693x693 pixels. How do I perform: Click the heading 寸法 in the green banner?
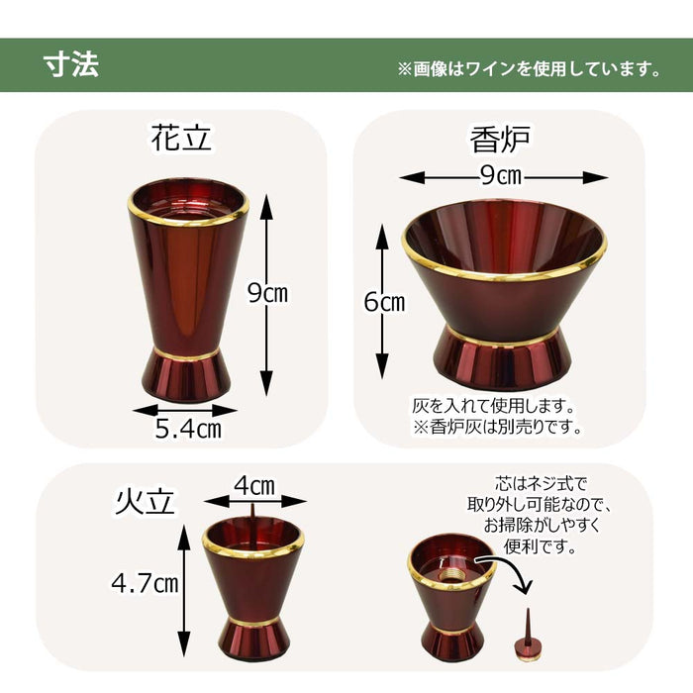tap(70, 64)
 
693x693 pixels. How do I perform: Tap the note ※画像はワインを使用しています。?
tap(529, 69)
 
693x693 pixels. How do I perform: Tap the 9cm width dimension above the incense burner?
tap(502, 177)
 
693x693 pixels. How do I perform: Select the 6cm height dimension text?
tap(384, 303)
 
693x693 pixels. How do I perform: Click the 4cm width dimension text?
tap(254, 486)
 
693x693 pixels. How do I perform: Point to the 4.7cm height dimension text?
tap(145, 583)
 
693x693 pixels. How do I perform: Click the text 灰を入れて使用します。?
tap(493, 406)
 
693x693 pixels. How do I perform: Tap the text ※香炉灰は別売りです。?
tap(496, 428)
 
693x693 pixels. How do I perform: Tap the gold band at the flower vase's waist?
tap(188, 354)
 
